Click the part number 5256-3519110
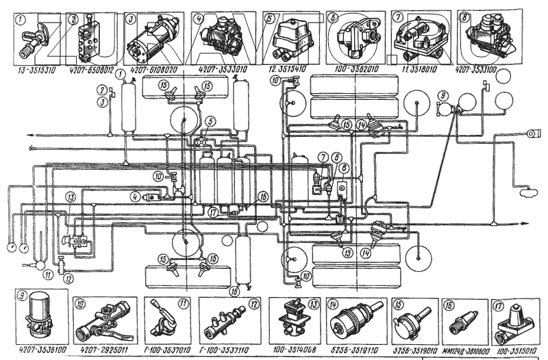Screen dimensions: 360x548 [x=353, y=348]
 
